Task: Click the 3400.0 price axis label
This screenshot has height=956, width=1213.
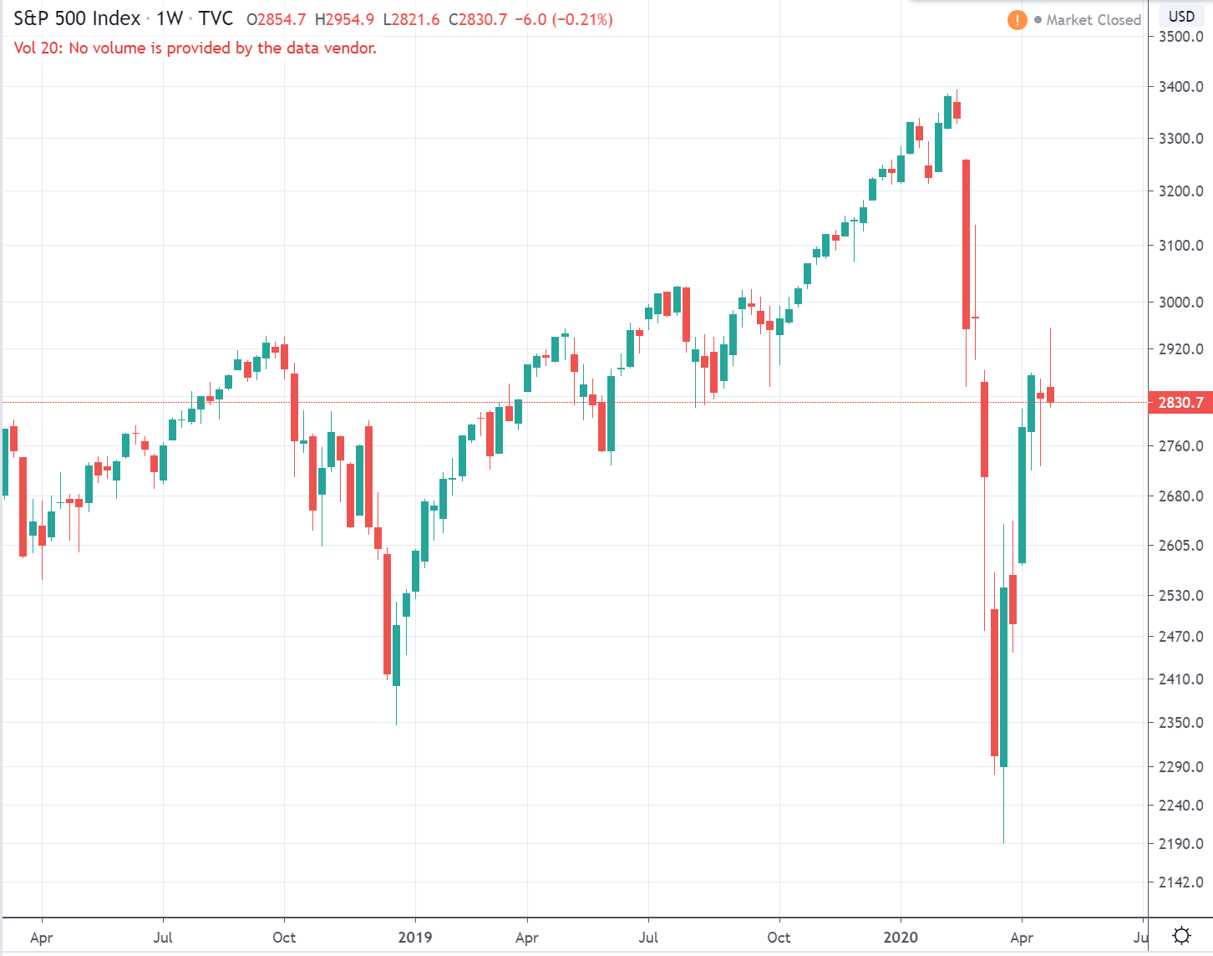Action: (1180, 87)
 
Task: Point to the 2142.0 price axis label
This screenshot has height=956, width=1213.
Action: (1180, 882)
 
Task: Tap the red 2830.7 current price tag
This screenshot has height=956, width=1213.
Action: (1180, 403)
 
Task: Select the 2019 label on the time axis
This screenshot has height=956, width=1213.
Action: (415, 937)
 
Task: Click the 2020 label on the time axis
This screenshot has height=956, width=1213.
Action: (901, 937)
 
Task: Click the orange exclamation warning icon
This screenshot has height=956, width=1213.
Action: (1017, 19)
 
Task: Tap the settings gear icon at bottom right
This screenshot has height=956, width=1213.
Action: (1181, 935)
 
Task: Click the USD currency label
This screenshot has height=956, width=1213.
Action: (1181, 17)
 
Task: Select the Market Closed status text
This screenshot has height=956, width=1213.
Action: (1093, 20)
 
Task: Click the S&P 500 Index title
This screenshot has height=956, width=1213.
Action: (77, 18)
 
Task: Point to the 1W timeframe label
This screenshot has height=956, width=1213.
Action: (170, 18)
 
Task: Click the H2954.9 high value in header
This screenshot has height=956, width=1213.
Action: (344, 19)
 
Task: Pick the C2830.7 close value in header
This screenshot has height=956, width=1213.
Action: (478, 19)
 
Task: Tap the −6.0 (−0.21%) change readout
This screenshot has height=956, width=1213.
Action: (564, 19)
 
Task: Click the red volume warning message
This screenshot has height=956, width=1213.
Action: (195, 48)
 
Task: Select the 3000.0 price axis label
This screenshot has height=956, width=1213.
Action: (1180, 303)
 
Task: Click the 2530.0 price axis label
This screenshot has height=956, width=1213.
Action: (1180, 596)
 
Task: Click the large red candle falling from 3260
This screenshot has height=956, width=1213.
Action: (966, 244)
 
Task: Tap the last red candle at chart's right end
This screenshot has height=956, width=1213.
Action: (1050, 394)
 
